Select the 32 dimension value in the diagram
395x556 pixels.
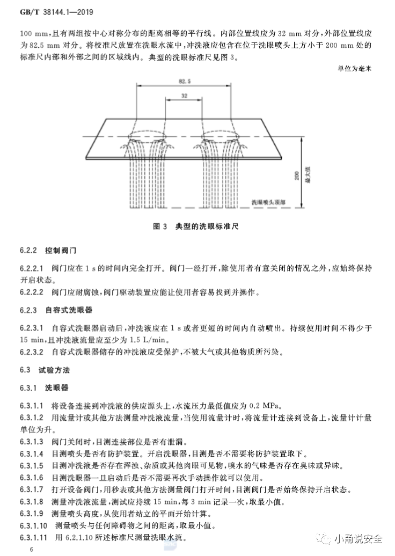pos(184,96)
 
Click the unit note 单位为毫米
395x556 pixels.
pos(355,68)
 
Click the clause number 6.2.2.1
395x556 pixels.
pos(32,267)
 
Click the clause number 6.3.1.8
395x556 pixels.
pos(32,501)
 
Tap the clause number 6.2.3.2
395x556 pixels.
pos(32,352)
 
